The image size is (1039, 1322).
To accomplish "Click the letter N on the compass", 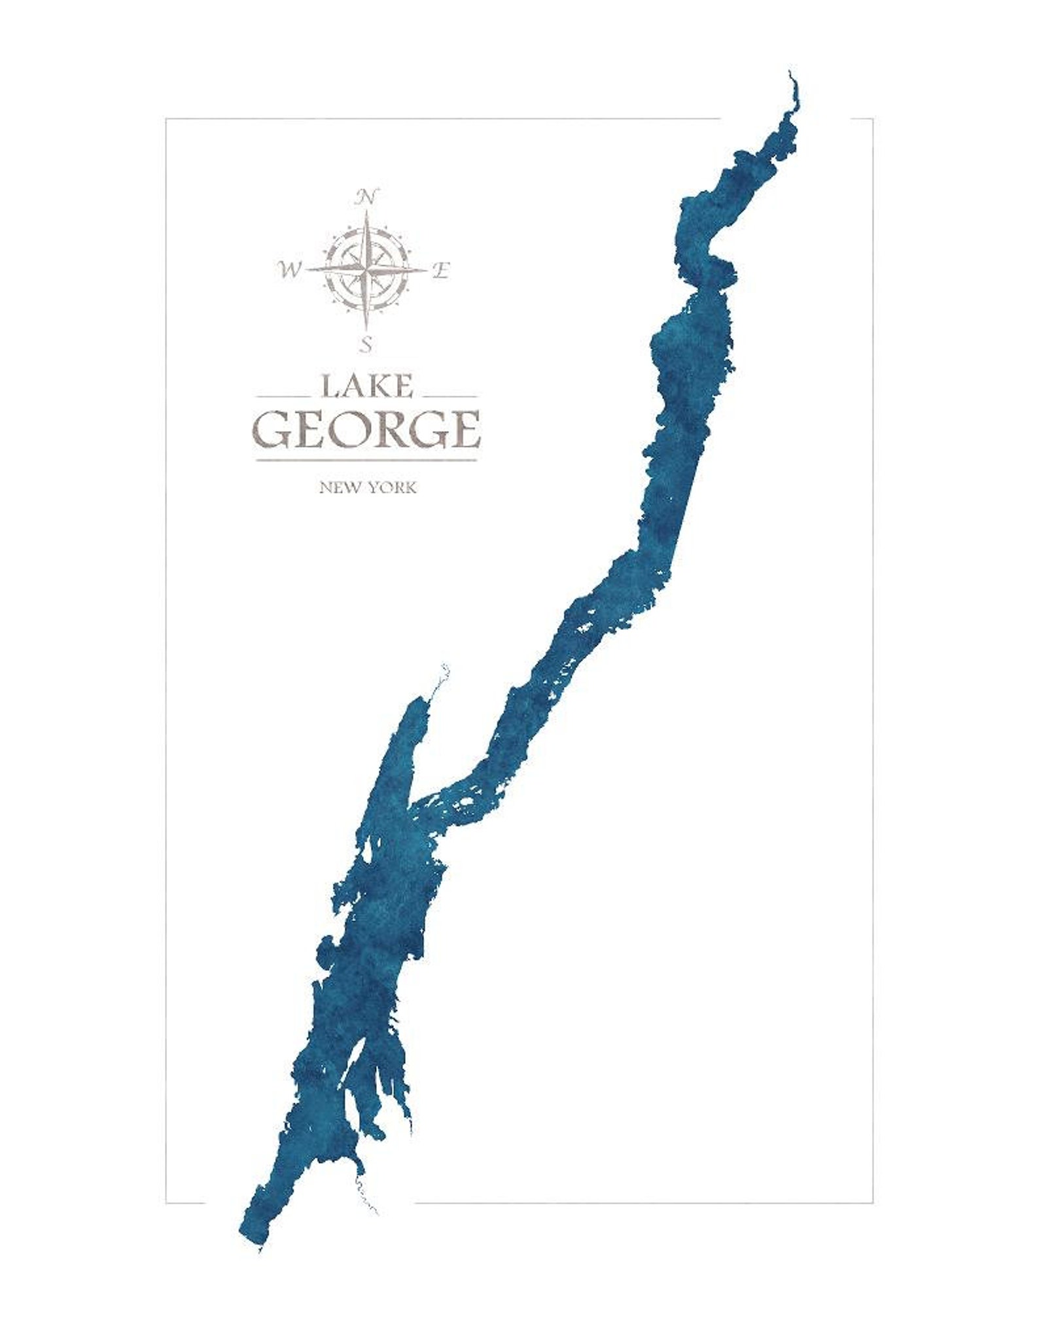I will pyautogui.click(x=368, y=196).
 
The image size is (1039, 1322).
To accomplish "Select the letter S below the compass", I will pyautogui.click(x=368, y=343).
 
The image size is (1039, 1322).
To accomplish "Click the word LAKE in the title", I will pyautogui.click(x=366, y=385).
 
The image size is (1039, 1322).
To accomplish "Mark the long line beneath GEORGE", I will pyautogui.click(x=366, y=461).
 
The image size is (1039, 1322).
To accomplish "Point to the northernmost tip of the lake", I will pyautogui.click(x=790, y=73).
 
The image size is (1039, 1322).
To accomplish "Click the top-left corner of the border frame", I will pyautogui.click(x=166, y=119).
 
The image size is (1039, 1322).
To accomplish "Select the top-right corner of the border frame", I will pyautogui.click(x=873, y=119).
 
